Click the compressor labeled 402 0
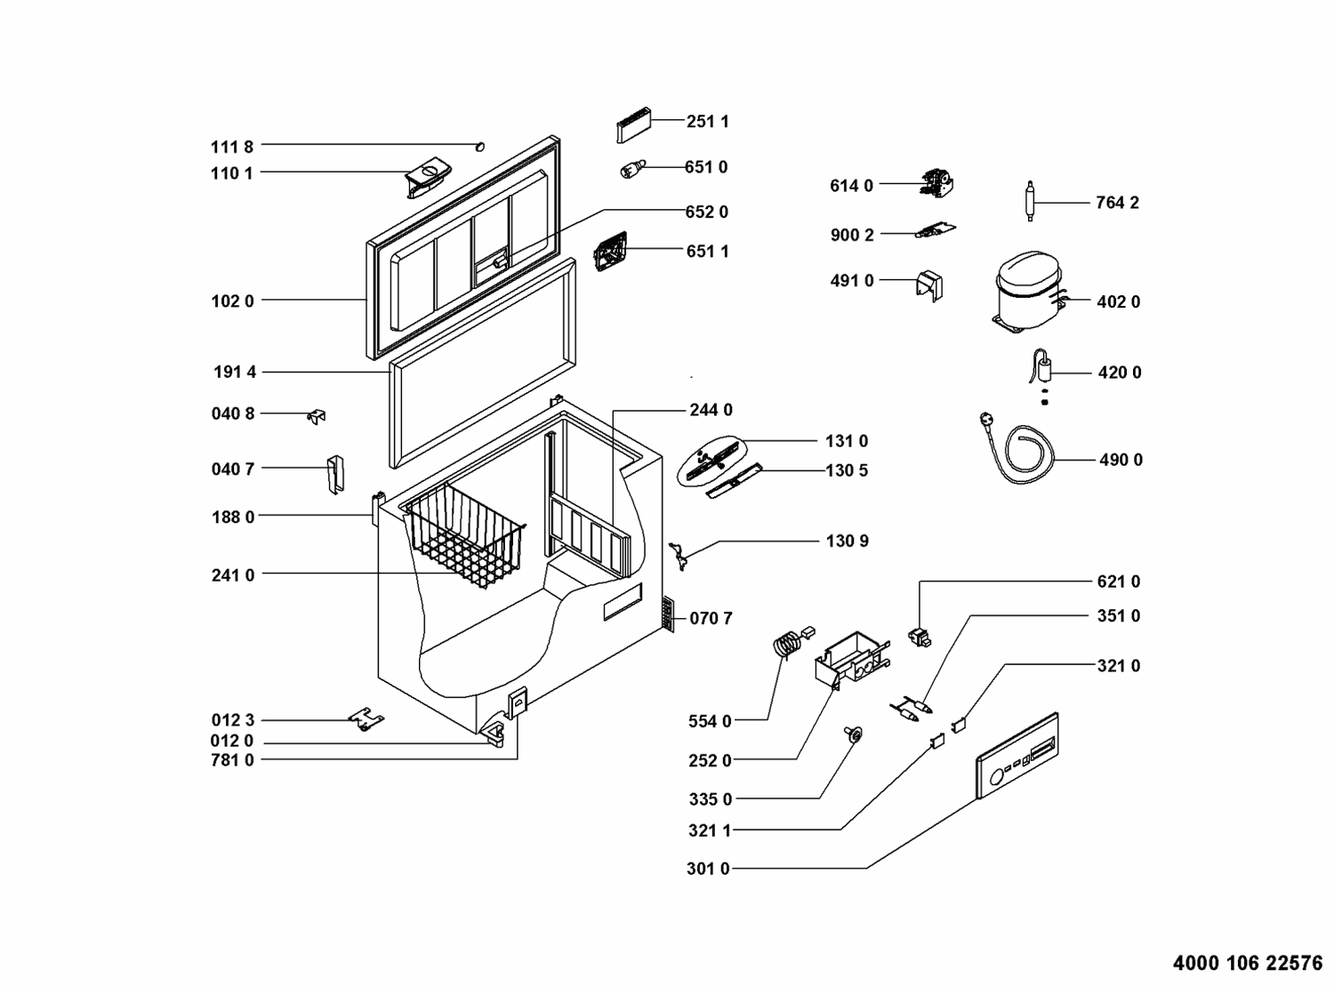pyautogui.click(x=1028, y=292)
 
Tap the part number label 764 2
pyautogui.click(x=1117, y=203)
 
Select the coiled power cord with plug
pyautogui.click(x=1017, y=447)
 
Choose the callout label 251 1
pyautogui.click(x=707, y=122)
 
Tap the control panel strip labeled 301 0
pyautogui.click(x=1017, y=756)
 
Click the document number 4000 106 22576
pyautogui.click(x=1248, y=963)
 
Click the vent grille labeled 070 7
pyautogui.click(x=668, y=614)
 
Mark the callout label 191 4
pyautogui.click(x=235, y=373)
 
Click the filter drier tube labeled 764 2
pyautogui.click(x=1030, y=201)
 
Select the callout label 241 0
pyautogui.click(x=233, y=575)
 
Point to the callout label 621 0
pyautogui.click(x=1119, y=582)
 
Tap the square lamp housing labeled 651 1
pyautogui.click(x=611, y=252)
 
